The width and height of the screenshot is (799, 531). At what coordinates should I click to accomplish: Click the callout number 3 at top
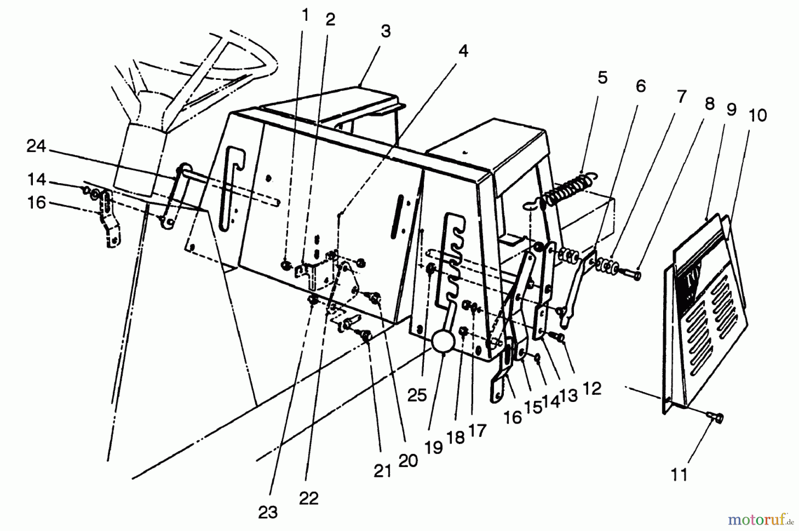385,32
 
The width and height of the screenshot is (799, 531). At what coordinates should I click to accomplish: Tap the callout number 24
36,146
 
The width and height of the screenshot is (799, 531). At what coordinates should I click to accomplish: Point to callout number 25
417,395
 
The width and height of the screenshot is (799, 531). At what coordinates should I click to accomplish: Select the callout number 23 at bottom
268,512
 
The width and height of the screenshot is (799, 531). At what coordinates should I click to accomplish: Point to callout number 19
434,447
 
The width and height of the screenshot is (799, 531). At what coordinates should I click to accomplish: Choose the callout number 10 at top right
757,116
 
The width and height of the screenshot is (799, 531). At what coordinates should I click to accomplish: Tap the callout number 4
463,51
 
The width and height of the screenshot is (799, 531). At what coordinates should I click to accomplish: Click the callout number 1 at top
305,15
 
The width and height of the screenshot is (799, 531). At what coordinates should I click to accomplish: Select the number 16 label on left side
36,203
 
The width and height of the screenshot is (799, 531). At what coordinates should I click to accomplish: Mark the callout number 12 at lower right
592,389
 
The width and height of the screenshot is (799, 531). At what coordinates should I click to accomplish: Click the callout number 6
641,86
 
